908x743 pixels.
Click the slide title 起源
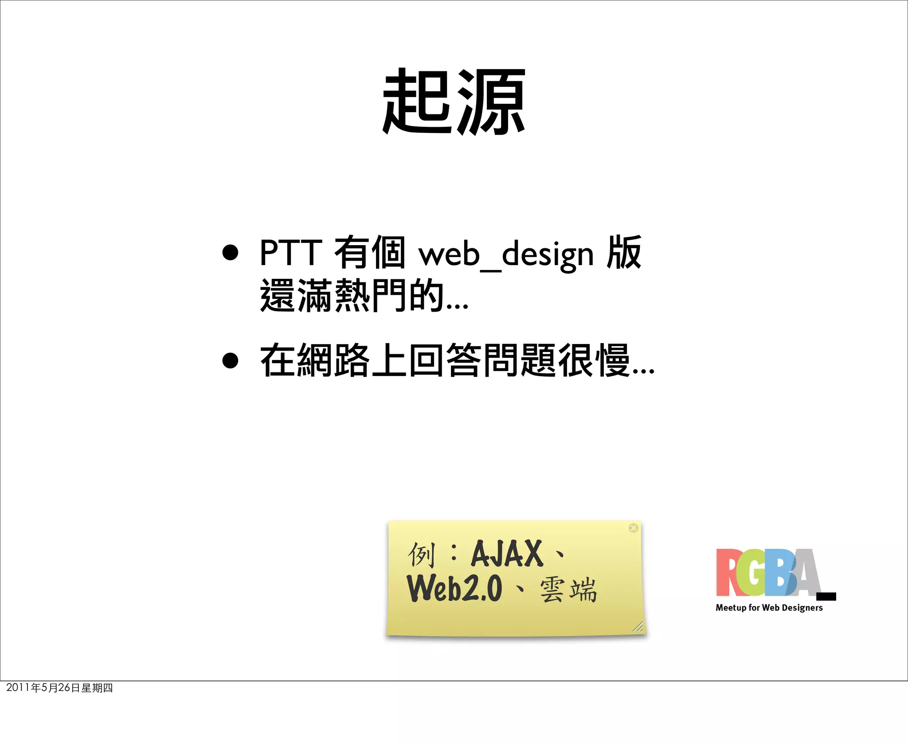[454, 102]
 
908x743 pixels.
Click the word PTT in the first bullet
[291, 253]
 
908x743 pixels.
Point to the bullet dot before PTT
[230, 253]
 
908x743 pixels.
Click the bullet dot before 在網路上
[230, 361]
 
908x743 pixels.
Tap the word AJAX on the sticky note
[507, 554]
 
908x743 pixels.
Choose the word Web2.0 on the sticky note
[455, 588]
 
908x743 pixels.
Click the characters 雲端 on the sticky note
[568, 590]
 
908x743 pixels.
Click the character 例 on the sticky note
[421, 554]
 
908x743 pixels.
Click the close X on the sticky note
[634, 528]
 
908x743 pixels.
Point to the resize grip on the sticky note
[638, 626]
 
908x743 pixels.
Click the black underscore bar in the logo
[826, 596]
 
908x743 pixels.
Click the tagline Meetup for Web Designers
[769, 608]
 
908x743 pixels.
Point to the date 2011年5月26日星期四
[59, 688]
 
